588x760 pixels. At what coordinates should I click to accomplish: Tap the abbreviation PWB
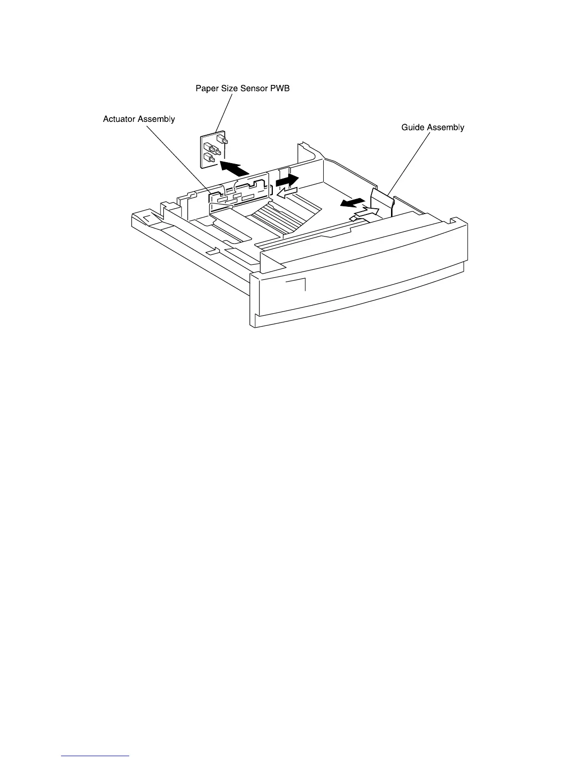280,89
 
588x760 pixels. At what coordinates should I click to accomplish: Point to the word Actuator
119,119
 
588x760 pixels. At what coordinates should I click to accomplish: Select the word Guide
413,128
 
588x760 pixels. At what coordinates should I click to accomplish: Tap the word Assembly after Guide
446,128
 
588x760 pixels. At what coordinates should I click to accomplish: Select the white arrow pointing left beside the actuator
287,193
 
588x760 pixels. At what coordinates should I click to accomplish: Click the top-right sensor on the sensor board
222,140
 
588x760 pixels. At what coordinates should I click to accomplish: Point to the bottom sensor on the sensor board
209,158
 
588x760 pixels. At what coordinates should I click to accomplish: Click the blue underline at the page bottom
96,756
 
